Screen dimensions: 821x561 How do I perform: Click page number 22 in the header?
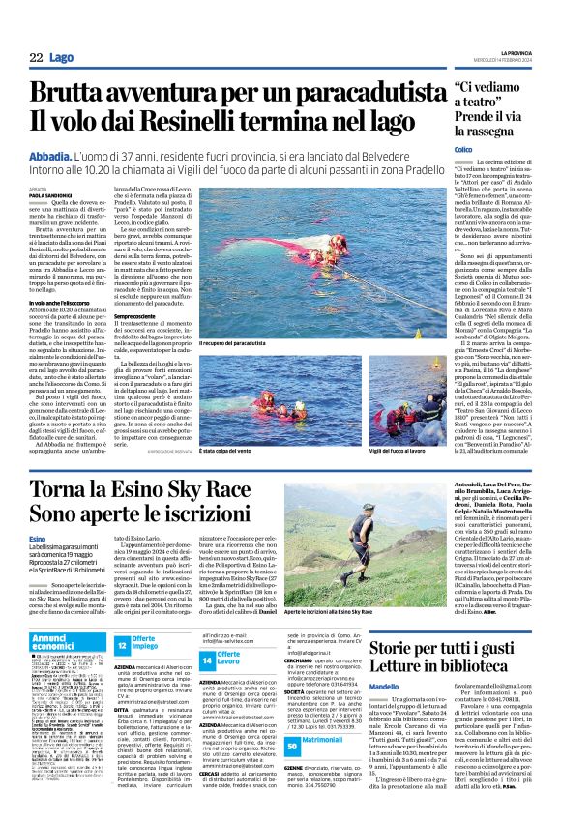pyautogui.click(x=36, y=58)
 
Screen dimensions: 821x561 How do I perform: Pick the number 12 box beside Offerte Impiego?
pyautogui.click(x=122, y=644)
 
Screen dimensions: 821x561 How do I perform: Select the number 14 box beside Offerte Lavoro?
pyautogui.click(x=207, y=659)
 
